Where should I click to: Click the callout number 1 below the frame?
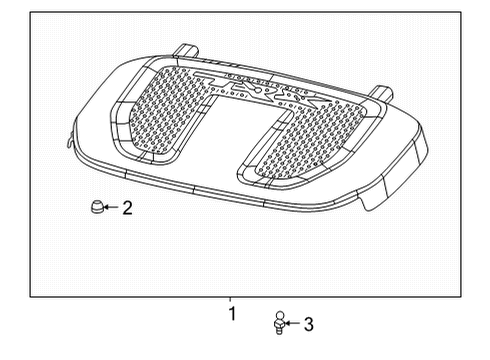click(232, 314)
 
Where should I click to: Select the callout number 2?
click(127, 208)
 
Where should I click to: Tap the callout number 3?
click(308, 324)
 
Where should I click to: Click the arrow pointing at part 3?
click(293, 324)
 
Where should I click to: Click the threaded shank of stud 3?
click(279, 329)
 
